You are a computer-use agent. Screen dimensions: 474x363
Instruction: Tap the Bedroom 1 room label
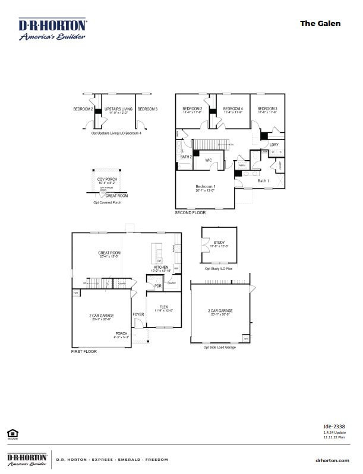click(205, 187)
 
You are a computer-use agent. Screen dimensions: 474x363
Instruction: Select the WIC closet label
click(209, 160)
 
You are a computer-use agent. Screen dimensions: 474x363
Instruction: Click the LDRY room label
click(274, 145)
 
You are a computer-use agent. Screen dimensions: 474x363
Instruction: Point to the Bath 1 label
click(263, 180)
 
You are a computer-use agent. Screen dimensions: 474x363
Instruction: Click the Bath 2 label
click(185, 156)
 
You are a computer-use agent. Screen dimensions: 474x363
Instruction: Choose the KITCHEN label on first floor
click(162, 268)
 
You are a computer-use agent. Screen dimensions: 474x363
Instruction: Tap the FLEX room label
click(163, 307)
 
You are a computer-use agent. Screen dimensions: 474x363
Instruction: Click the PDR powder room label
click(158, 287)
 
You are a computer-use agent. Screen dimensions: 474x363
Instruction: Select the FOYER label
click(138, 314)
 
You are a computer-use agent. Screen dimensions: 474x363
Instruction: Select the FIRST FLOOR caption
click(84, 352)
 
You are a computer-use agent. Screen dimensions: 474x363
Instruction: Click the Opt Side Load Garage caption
click(220, 346)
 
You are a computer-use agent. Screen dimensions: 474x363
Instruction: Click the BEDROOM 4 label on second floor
click(233, 109)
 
